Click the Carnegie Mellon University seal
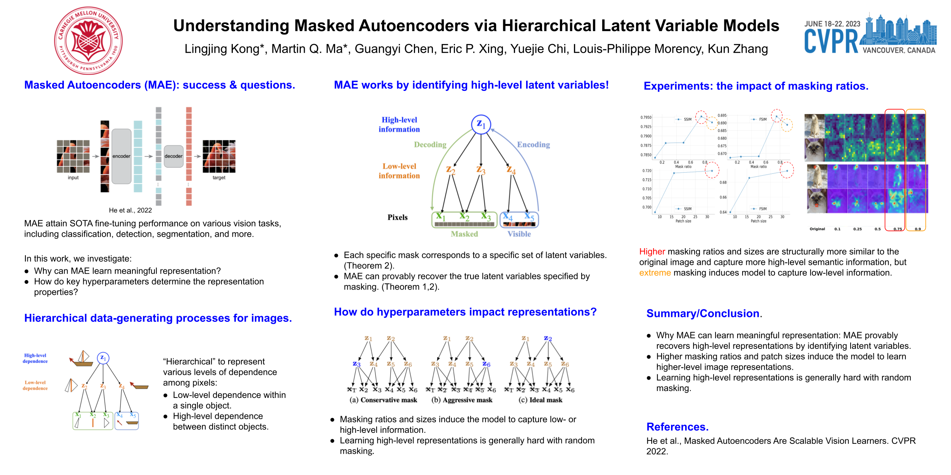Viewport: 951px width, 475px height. point(88,40)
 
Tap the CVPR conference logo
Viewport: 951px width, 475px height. point(870,34)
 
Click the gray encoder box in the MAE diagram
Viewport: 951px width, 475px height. point(121,156)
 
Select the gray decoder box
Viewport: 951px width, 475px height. point(173,156)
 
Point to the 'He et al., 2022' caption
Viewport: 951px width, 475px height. point(130,210)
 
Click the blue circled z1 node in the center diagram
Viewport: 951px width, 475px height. point(481,124)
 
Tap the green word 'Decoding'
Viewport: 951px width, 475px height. point(430,145)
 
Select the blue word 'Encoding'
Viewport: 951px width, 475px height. point(533,145)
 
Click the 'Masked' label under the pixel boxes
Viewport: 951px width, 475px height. point(464,234)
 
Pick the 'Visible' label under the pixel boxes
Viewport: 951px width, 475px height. point(519,234)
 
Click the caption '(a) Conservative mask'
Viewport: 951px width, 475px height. point(383,400)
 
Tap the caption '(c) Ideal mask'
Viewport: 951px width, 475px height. point(540,400)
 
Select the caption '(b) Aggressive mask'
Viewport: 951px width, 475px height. point(462,400)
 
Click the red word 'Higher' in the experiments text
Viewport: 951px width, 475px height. point(652,252)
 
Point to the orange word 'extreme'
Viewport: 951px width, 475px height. point(655,273)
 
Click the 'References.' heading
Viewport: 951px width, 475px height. point(677,427)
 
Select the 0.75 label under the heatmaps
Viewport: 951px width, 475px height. point(898,229)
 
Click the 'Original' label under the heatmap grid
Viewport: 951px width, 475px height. point(817,229)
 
